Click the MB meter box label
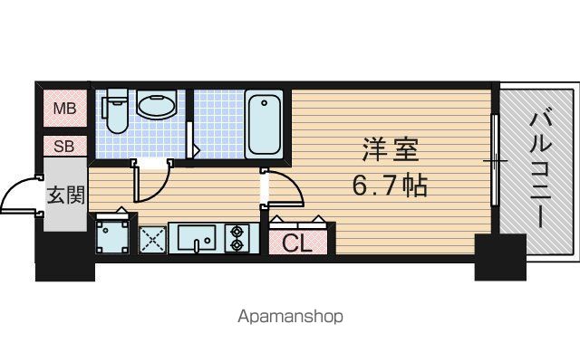point(64,109)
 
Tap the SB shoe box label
point(64,147)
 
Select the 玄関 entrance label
point(66,195)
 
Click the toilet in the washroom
point(116,110)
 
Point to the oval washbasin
point(156,105)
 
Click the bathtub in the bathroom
point(264,124)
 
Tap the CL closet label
point(297,243)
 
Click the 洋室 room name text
point(391,149)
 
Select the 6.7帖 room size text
point(390,185)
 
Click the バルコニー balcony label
point(540,169)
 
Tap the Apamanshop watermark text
point(290,317)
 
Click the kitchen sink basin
point(197,237)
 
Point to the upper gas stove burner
point(237,232)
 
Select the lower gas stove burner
point(237,245)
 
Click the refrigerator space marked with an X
point(152,240)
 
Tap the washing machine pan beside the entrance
point(112,236)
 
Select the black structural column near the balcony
point(500,257)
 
